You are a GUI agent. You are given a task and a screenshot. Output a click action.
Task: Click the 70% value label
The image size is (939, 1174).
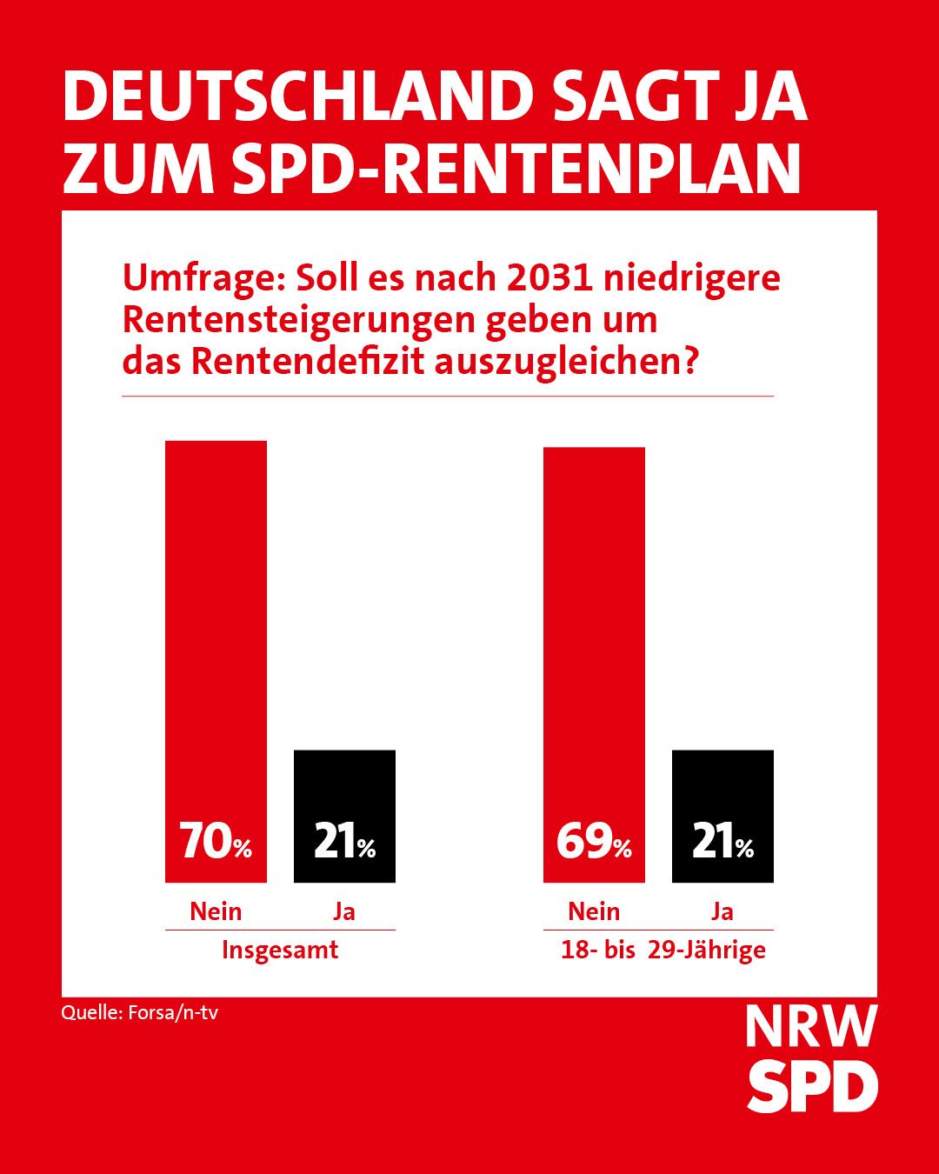click(216, 842)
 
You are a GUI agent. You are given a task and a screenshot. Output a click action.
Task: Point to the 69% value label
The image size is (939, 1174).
click(594, 842)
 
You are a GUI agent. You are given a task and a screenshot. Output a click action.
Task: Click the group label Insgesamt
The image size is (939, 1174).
click(280, 950)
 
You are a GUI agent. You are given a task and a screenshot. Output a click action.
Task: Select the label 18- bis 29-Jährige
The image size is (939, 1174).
click(663, 950)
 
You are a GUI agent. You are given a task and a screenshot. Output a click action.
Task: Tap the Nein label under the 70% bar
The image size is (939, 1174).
click(216, 911)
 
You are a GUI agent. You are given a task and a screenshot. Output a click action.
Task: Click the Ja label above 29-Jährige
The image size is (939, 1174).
click(723, 911)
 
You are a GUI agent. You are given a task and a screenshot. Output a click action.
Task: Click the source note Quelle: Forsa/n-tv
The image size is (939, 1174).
click(139, 1012)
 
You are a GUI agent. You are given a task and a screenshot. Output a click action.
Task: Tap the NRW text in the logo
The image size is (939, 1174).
click(810, 1027)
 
